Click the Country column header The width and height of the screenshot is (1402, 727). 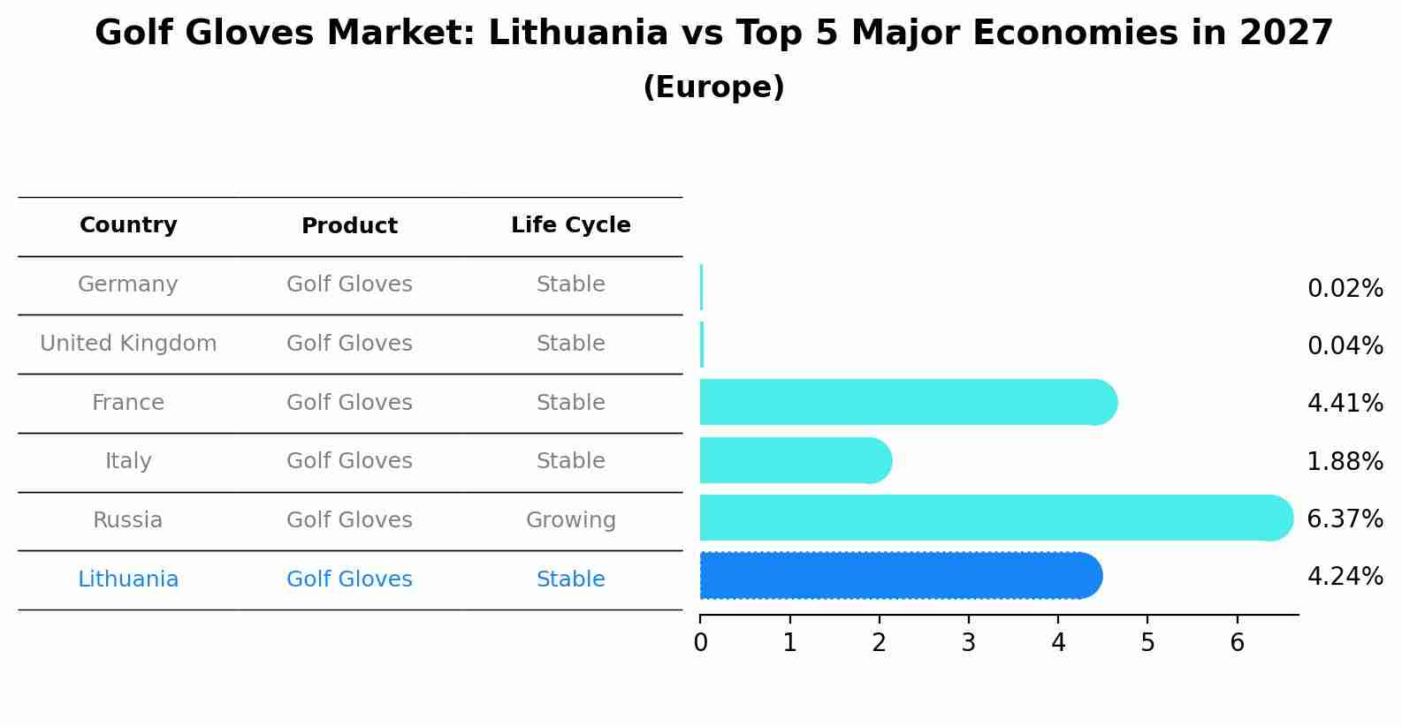point(128,225)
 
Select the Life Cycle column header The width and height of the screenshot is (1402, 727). point(570,225)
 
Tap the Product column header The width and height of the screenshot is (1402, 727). point(349,226)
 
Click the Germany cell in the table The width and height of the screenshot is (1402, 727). point(128,284)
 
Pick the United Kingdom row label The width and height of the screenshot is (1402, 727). point(128,344)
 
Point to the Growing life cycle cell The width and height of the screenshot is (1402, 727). point(570,520)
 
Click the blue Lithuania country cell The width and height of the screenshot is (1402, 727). point(128,579)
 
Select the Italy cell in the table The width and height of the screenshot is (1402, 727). point(128,461)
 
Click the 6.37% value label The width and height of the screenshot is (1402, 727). point(1345,519)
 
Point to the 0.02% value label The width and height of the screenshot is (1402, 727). point(1345,289)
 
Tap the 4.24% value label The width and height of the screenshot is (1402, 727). point(1345,577)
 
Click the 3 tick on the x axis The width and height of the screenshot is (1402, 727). point(969,643)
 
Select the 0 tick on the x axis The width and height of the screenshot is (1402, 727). point(700,643)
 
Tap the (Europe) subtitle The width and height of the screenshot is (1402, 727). point(713,87)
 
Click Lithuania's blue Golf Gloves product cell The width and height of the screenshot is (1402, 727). point(349,579)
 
